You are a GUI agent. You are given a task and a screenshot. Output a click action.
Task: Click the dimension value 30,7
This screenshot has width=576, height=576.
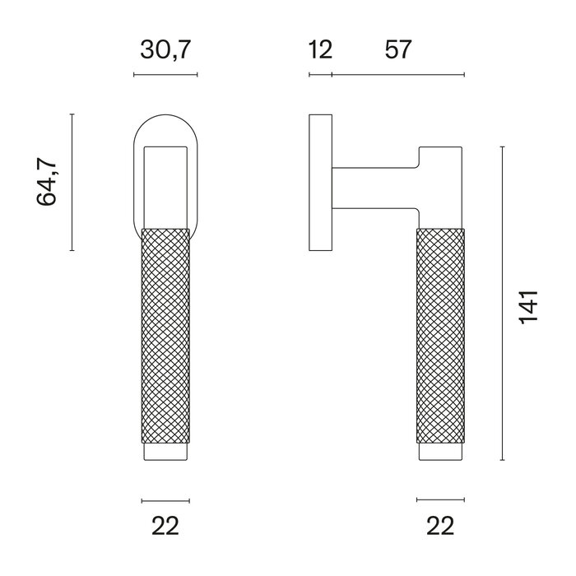[165, 51]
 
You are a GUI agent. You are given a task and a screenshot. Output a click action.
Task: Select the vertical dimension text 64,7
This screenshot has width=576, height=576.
[49, 182]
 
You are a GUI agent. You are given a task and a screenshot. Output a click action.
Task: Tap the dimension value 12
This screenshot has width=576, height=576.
[320, 51]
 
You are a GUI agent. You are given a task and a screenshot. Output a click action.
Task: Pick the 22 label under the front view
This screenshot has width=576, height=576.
[165, 524]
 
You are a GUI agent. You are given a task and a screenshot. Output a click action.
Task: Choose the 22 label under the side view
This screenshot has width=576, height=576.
[440, 524]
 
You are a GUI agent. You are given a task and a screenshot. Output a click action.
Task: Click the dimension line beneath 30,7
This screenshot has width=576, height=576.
[165, 76]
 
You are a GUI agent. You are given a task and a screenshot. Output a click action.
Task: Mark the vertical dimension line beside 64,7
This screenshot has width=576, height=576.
[72, 182]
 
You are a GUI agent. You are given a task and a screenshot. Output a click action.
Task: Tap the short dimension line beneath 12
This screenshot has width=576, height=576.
[320, 76]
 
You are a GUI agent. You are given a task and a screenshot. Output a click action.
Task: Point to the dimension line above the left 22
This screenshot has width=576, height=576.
[165, 499]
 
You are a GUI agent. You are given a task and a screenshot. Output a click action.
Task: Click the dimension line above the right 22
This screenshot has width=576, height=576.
[440, 499]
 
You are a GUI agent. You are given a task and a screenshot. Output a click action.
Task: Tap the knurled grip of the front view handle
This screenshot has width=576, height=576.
[165, 337]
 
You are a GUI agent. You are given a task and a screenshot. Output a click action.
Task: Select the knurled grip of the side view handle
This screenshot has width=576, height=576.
[440, 337]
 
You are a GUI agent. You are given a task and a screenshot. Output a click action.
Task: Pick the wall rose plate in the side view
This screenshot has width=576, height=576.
[319, 182]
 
